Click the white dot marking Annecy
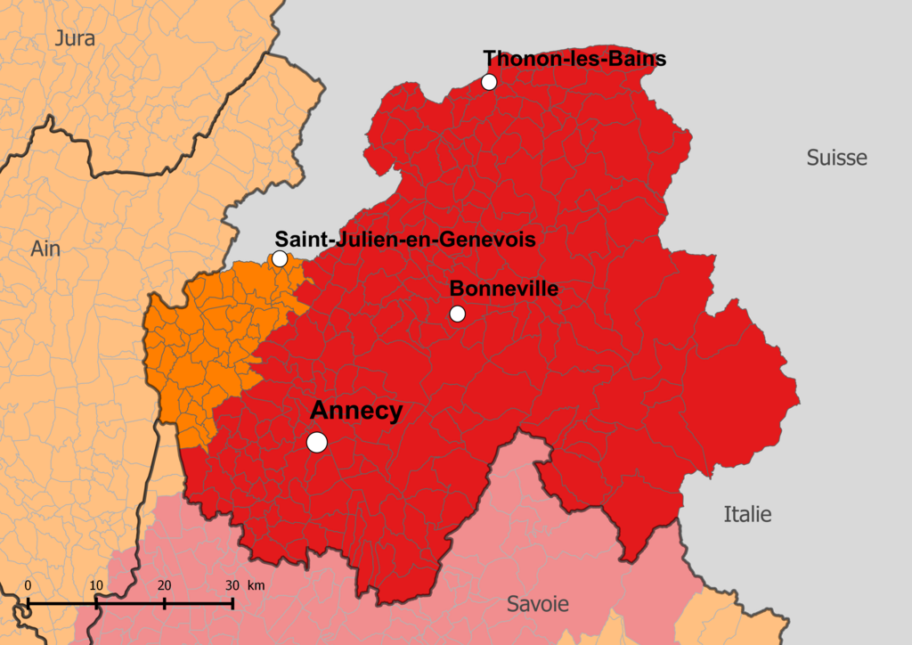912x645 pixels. [x=316, y=442]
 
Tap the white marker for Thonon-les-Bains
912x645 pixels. [x=489, y=82]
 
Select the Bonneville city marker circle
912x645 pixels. [x=458, y=314]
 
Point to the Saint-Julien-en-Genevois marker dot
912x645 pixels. [x=280, y=259]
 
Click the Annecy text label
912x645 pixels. [x=356, y=412]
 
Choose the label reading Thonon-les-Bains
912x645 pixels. [x=574, y=60]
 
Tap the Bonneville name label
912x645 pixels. [x=504, y=289]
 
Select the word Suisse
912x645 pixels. [x=836, y=158]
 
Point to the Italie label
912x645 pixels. [x=747, y=514]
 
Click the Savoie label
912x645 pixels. [x=538, y=604]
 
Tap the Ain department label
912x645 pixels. [x=45, y=249]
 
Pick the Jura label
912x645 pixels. [x=75, y=38]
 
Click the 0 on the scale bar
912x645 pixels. [x=28, y=585]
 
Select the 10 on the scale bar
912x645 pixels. [x=96, y=585]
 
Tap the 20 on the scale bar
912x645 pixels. [x=165, y=585]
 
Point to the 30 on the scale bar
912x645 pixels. [x=232, y=585]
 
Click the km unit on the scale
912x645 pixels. [x=256, y=585]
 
